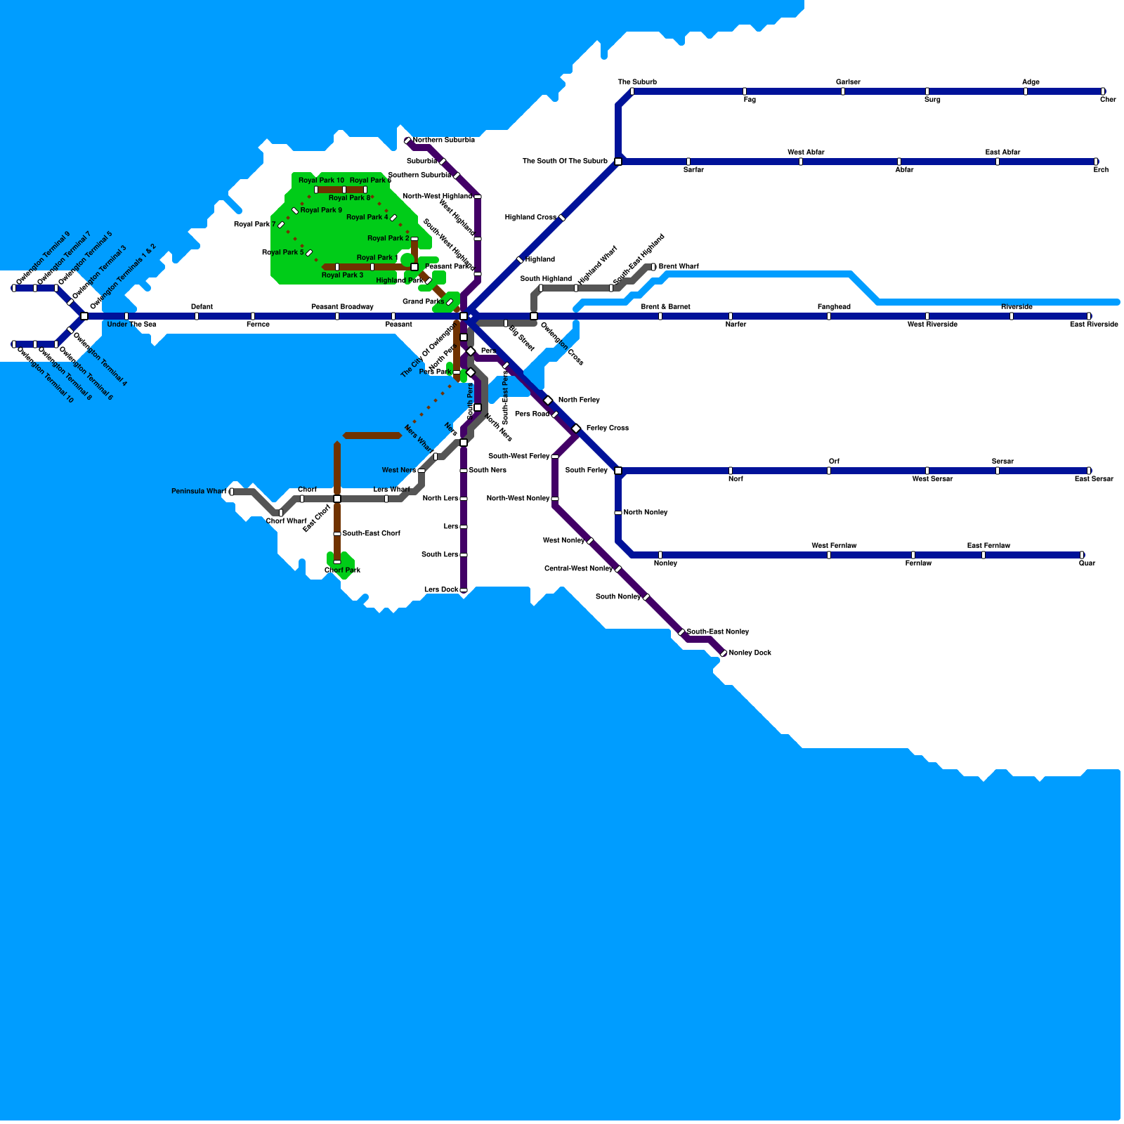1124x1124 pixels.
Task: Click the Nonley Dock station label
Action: tap(750, 653)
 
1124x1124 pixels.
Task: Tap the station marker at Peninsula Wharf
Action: tap(232, 492)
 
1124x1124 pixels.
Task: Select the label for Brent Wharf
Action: tap(678, 266)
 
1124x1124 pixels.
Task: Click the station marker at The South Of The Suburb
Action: tap(618, 162)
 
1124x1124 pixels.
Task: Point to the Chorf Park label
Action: tap(342, 570)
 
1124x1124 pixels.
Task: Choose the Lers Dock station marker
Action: tap(464, 590)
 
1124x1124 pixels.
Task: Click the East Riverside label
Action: tap(1094, 324)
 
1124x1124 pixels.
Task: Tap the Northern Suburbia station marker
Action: tap(407, 140)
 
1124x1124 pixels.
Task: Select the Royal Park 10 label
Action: tap(321, 181)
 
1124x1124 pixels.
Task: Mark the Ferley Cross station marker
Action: tap(576, 429)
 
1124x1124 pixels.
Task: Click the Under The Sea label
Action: tap(131, 324)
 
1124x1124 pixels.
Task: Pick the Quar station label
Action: tap(1087, 563)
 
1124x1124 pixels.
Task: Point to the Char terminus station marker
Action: tap(1103, 91)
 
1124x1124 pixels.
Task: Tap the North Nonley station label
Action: tap(645, 512)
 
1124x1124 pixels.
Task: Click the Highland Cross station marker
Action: tap(562, 218)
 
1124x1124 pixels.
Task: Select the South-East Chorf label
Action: tap(371, 533)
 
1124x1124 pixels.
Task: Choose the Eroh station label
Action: tap(1101, 169)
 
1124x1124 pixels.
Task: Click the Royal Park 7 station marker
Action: tap(281, 225)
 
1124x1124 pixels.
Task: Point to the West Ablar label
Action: tap(806, 152)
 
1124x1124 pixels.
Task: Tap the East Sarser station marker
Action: tap(1089, 471)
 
